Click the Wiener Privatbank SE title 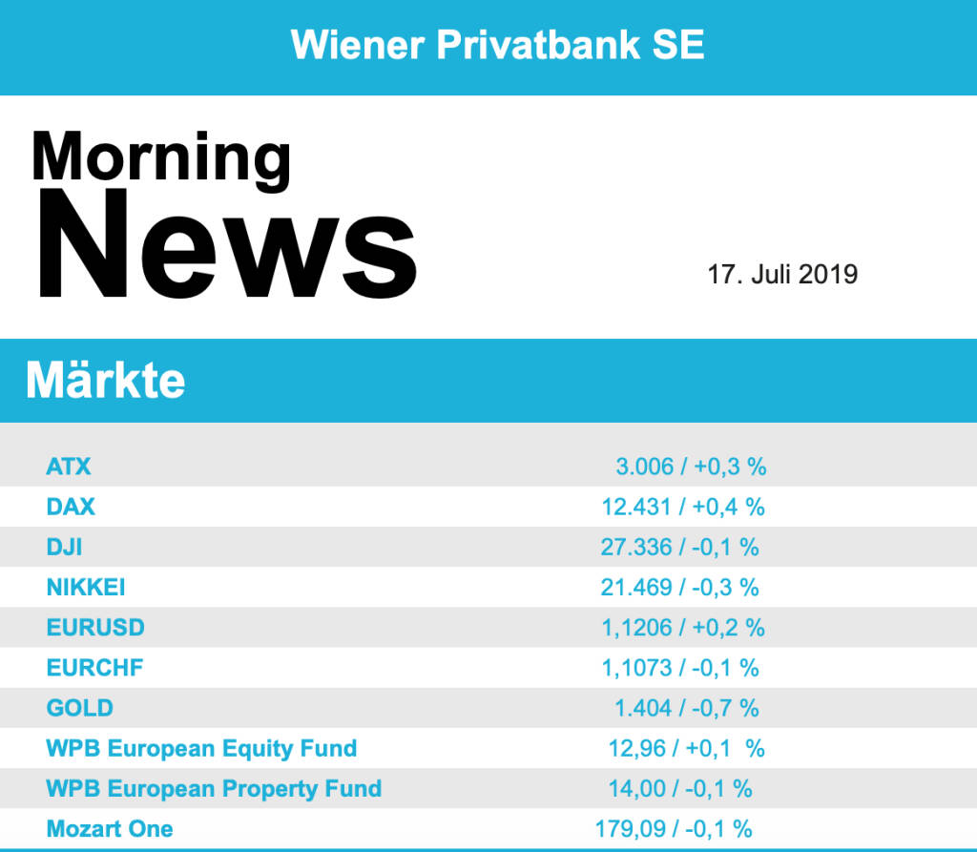point(497,44)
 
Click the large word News point(226,244)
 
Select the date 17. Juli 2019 point(782,275)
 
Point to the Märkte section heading point(106,381)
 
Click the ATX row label point(69,467)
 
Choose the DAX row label point(71,507)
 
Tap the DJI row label point(65,547)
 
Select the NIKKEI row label point(86,587)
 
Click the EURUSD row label point(95,628)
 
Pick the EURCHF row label point(94,668)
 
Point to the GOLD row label point(79,708)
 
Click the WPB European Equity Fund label point(201,748)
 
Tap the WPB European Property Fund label point(214,789)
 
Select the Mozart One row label point(110,828)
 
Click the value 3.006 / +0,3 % point(691,467)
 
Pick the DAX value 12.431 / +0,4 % point(683,507)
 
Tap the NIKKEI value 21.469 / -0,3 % point(680,587)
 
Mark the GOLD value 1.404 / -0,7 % point(687,708)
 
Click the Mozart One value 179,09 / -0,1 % point(674,828)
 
